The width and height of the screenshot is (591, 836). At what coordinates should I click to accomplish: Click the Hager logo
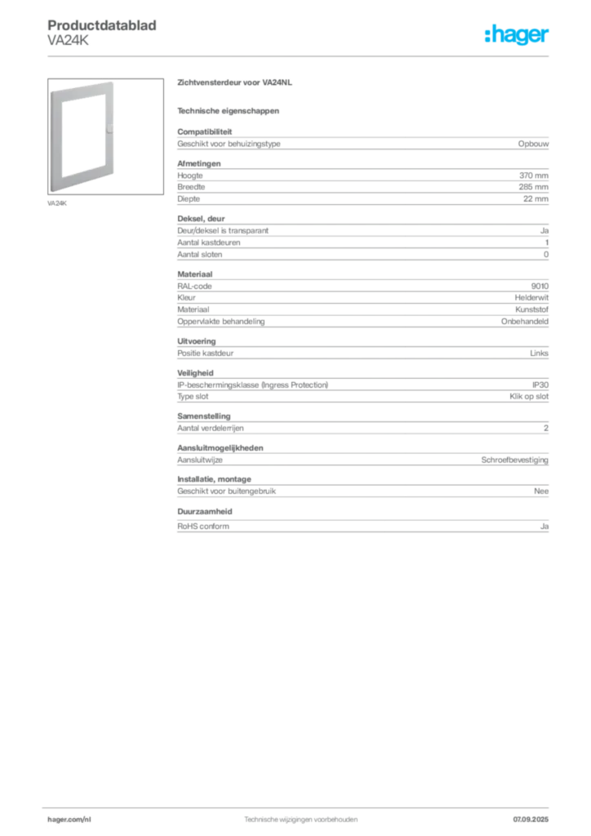pos(517,34)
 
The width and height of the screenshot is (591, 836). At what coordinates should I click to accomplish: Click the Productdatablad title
pos(102,25)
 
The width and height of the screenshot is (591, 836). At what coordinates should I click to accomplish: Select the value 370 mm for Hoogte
pos(533,176)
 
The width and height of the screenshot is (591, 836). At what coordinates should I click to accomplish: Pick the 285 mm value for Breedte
pos(533,187)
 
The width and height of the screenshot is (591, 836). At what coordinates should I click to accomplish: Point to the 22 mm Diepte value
pos(535,199)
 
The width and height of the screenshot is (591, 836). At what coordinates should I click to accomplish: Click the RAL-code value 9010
pos(540,287)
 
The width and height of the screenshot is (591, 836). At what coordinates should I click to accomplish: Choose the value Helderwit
pos(531,298)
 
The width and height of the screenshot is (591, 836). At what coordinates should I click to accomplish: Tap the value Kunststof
pos(531,309)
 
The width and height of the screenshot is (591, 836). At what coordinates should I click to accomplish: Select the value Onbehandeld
pos(524,322)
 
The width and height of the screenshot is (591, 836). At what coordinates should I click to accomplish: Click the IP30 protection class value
pos(540,385)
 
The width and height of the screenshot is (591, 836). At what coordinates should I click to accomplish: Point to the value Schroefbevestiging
pos(515,460)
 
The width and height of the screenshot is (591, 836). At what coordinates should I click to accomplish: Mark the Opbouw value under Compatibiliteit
pos(533,144)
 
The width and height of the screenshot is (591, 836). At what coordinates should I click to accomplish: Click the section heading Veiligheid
pos(195,373)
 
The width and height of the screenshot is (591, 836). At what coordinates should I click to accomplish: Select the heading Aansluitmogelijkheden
pos(220,448)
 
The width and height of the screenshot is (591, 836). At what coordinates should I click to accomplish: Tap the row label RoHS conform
pos(203,527)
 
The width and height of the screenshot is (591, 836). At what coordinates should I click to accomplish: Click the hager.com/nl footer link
pos(69,820)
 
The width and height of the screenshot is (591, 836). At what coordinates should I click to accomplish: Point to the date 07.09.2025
pos(531,820)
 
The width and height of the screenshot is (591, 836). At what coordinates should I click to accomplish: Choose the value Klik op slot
pos(529,397)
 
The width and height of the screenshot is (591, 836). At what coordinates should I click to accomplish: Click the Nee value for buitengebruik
pos(541,491)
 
